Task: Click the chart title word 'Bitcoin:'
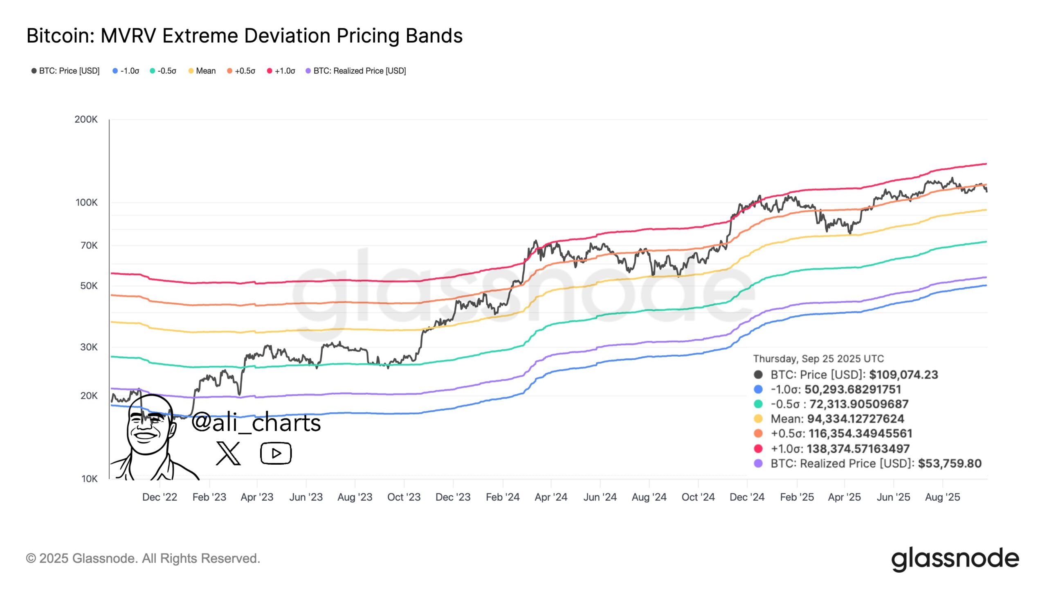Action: point(61,36)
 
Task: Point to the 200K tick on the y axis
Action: point(86,119)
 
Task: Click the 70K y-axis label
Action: point(89,245)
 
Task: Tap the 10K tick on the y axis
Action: point(89,479)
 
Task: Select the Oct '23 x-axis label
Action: point(404,497)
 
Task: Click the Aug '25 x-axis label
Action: point(942,497)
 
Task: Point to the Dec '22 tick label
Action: point(160,497)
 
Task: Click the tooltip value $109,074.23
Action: point(903,375)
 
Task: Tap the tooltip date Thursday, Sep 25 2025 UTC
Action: point(818,359)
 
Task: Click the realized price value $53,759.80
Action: point(950,463)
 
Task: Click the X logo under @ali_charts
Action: point(228,453)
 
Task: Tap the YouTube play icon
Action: point(276,453)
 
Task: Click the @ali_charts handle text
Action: point(256,422)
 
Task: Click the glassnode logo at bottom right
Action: point(955,559)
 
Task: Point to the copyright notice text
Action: point(143,558)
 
